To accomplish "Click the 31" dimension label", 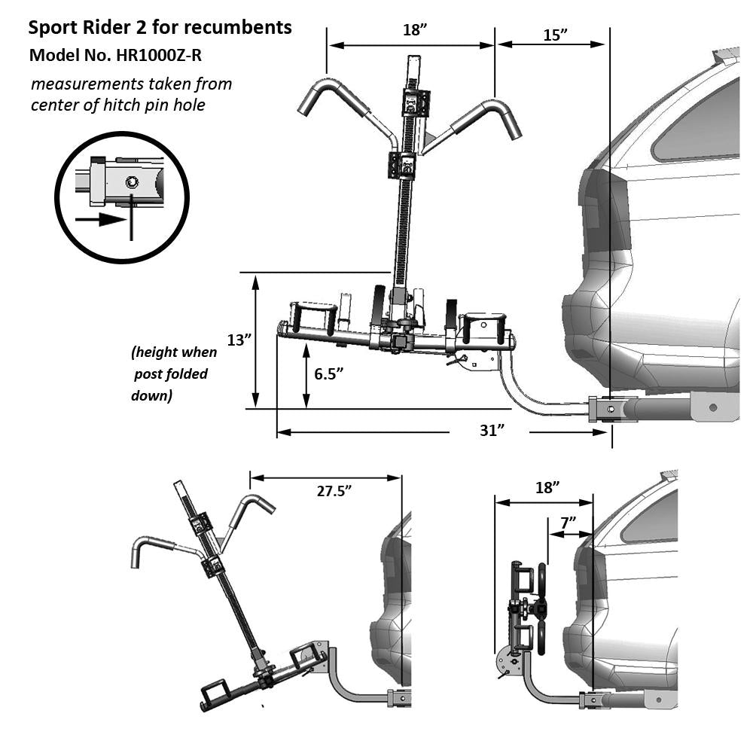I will [x=490, y=431].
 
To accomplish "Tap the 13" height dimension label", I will [x=239, y=340].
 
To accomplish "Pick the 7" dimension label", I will [x=568, y=521].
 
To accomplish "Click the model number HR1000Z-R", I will [x=158, y=56].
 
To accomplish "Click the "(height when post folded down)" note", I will [x=173, y=373].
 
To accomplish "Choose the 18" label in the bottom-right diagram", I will [x=547, y=487].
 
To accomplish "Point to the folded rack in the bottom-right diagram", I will [x=527, y=617].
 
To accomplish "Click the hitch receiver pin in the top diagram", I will [x=611, y=409].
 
